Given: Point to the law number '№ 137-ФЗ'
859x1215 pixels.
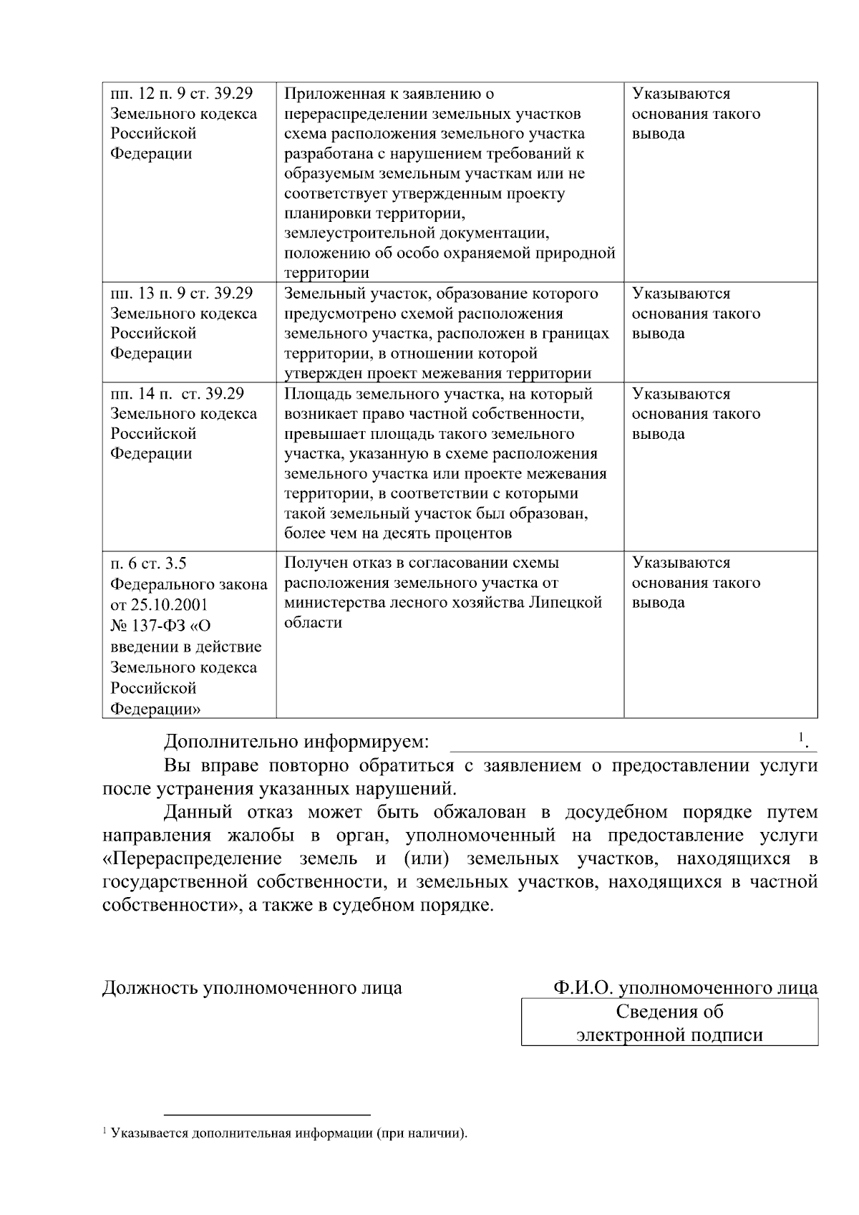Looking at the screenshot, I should (x=146, y=626).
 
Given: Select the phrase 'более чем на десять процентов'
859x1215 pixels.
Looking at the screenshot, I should (x=398, y=533).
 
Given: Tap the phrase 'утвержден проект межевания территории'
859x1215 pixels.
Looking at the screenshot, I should (x=437, y=373).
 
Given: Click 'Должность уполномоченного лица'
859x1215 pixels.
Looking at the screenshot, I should (x=252, y=988).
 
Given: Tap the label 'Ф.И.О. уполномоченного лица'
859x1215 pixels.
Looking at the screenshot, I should (x=685, y=988).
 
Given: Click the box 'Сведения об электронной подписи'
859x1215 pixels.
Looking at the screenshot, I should (x=669, y=1022).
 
